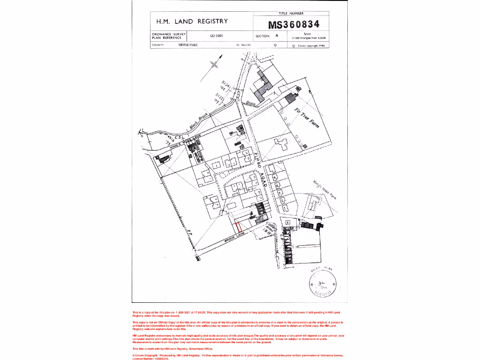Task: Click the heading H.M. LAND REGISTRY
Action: tap(192, 21)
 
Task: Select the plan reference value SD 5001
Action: tap(216, 36)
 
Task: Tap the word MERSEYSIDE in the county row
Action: tap(188, 45)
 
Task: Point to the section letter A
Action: tap(277, 36)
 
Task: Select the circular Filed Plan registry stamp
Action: tap(322, 284)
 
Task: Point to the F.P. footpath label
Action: tap(190, 232)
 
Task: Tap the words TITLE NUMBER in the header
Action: tap(292, 14)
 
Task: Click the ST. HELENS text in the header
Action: tap(243, 45)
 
